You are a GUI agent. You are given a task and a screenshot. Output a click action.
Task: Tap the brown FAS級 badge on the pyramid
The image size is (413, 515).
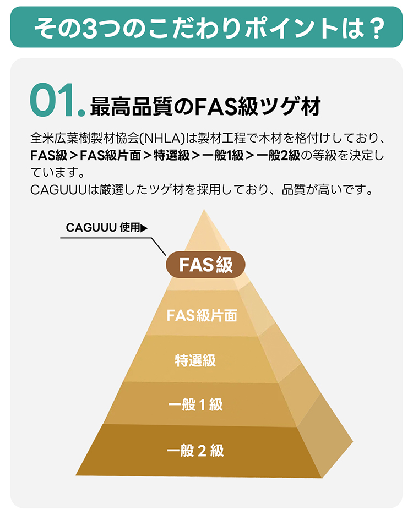click(205, 265)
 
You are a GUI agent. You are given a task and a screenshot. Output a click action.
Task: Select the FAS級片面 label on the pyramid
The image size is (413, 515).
click(202, 316)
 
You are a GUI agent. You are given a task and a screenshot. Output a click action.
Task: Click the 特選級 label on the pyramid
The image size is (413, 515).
click(195, 360)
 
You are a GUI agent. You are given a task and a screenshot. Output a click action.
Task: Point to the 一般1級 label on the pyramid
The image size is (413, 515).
click(195, 404)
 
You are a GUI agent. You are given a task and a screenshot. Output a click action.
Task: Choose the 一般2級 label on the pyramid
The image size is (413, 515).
click(195, 451)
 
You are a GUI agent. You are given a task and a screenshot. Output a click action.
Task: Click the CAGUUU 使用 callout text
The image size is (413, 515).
click(103, 227)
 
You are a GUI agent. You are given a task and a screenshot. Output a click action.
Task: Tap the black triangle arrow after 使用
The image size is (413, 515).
click(144, 228)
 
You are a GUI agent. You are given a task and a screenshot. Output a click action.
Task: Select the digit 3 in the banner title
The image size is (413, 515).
click(90, 28)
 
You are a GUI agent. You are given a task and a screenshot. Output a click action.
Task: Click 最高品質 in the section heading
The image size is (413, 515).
click(131, 106)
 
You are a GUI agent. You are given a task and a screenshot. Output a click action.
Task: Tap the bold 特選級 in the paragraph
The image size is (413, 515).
click(172, 155)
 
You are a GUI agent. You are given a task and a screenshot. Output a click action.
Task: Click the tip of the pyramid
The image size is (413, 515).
click(204, 210)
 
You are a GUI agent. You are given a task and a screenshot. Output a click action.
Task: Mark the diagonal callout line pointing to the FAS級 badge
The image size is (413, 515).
click(159, 246)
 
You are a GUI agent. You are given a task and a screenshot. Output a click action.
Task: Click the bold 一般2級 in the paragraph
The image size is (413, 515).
click(278, 155)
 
